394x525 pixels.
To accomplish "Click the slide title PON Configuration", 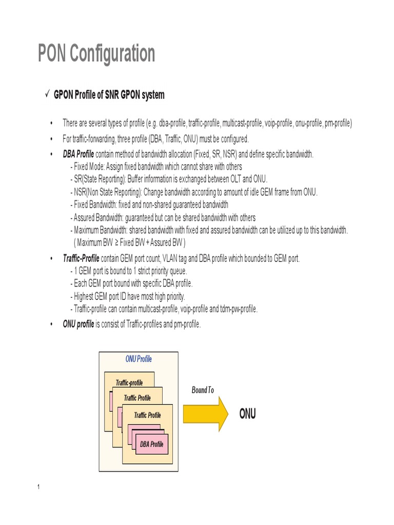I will click(x=96, y=54).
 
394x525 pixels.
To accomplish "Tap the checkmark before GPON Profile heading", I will click(x=46, y=94).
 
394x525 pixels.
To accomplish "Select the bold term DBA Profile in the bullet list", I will click(x=78, y=154).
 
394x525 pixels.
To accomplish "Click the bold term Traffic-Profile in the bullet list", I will click(x=81, y=258).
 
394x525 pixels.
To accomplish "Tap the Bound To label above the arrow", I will click(x=203, y=390).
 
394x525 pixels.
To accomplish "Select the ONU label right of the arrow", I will click(x=247, y=414).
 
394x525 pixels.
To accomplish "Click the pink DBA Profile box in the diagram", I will click(x=151, y=444).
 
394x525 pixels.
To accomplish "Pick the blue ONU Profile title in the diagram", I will click(x=139, y=359).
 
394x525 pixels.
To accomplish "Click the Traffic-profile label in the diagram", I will click(x=129, y=382).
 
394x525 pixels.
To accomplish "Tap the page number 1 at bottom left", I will click(x=38, y=487).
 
